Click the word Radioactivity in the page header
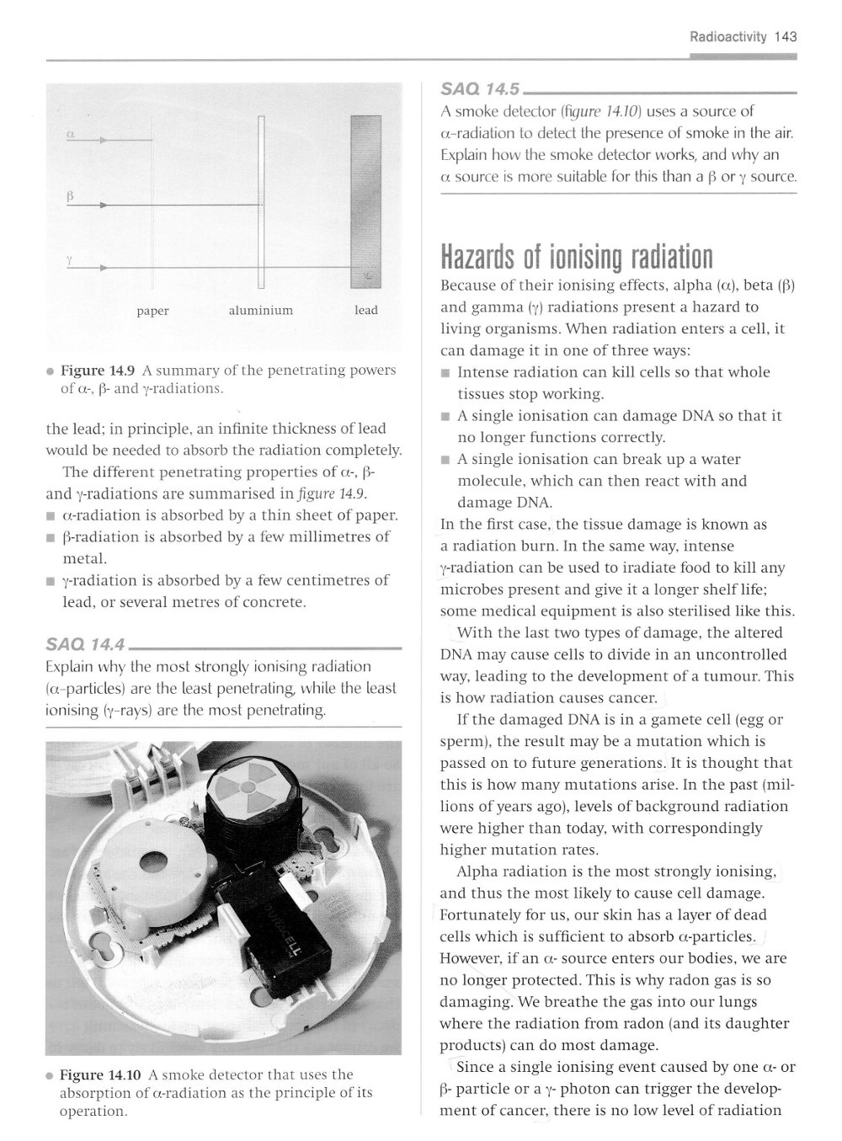[728, 37]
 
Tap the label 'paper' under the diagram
[152, 311]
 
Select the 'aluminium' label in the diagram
[261, 311]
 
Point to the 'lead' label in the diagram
[366, 311]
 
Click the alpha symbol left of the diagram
[71, 133]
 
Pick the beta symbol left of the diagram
[71, 195]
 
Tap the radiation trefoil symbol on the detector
[248, 788]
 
